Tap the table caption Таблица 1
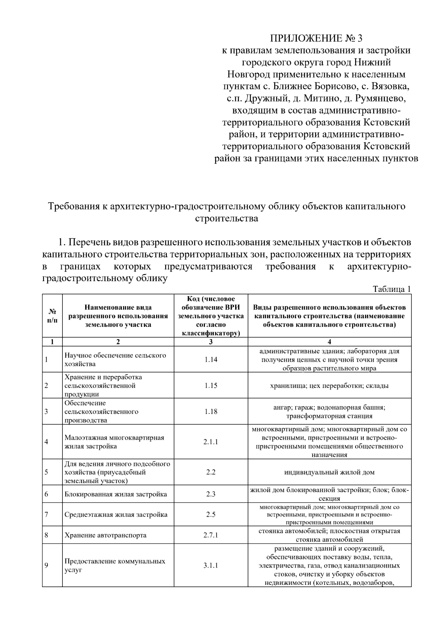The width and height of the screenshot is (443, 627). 392,289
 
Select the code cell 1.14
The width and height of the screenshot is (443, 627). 211,359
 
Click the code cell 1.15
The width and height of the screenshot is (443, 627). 211,385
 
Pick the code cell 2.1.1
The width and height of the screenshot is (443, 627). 211,442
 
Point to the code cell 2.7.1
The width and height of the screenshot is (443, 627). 211,535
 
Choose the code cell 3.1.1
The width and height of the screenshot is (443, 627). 211,565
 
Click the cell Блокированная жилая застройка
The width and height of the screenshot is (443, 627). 116,494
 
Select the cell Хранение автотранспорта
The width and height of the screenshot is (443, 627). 105,535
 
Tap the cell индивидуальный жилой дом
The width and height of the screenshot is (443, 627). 329,472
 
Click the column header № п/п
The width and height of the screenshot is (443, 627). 52,316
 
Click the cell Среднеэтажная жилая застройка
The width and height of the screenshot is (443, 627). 116,514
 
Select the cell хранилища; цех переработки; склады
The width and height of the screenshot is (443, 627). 329,385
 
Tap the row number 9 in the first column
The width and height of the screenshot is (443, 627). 46,565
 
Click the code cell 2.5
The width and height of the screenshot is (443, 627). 211,514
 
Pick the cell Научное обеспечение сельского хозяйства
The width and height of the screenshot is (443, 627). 115,359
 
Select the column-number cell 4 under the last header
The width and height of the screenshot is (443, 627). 329,342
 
